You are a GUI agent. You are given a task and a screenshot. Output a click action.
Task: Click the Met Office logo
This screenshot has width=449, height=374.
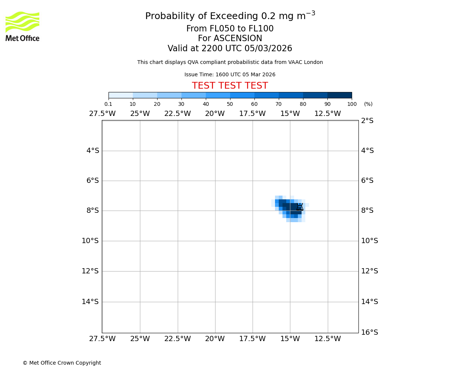[x=22, y=26]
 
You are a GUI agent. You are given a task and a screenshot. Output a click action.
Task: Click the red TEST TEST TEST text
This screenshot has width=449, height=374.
[x=230, y=86]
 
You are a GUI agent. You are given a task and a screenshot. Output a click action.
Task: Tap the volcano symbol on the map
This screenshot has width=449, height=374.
[x=300, y=207]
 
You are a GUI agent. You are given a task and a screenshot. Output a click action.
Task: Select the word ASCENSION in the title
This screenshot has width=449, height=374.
[x=238, y=39]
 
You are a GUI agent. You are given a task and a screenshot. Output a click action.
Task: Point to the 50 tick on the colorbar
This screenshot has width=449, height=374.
[x=230, y=104]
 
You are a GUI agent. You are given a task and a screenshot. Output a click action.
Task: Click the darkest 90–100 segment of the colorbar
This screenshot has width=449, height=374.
[x=339, y=95]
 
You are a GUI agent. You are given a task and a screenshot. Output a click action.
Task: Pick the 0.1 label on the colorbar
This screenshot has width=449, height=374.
[x=108, y=104]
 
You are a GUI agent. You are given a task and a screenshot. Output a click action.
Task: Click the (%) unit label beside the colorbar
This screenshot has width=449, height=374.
[x=368, y=104]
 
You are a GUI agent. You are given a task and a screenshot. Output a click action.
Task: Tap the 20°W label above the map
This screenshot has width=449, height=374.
[x=215, y=114]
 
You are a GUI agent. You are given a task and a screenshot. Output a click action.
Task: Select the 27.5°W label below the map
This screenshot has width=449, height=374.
[x=102, y=339]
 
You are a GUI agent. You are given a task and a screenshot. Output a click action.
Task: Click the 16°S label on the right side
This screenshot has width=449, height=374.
[x=369, y=332]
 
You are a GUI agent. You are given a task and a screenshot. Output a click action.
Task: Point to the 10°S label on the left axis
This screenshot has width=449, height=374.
[x=90, y=241]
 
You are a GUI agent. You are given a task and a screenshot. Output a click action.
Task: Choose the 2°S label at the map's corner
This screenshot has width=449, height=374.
[x=367, y=121]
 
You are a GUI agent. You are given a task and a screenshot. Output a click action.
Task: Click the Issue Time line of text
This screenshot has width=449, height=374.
[x=230, y=75]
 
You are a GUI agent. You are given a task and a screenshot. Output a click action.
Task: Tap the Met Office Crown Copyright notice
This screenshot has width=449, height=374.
[x=62, y=363]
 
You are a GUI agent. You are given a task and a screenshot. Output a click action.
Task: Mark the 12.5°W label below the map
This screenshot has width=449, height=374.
[x=327, y=339]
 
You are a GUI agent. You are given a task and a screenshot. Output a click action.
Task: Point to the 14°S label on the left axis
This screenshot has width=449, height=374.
[x=90, y=302]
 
